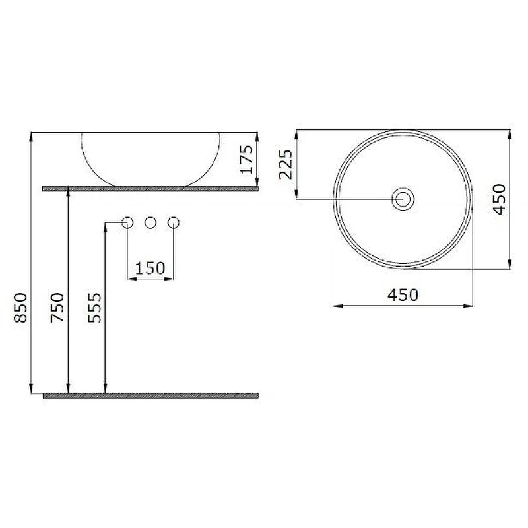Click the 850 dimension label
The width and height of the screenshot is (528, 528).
[20, 308]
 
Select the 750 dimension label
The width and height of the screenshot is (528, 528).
[57, 308]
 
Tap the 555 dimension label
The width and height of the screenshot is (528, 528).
[94, 308]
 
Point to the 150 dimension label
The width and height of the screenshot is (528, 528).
[150, 268]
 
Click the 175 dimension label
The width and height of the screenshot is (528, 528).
[246, 159]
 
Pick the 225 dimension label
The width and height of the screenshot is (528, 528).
[286, 164]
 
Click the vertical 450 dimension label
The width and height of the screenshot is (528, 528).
[500, 199]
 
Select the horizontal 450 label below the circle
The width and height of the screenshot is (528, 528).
[403, 295]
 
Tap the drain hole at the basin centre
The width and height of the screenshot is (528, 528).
[403, 199]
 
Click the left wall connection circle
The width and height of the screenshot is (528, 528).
[127, 222]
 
